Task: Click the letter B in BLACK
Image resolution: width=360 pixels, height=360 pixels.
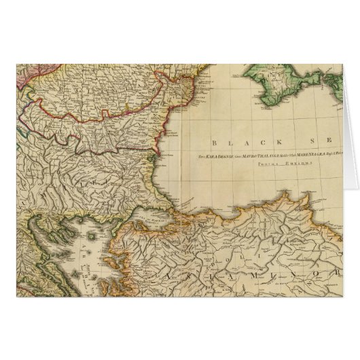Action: coord(215,143)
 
